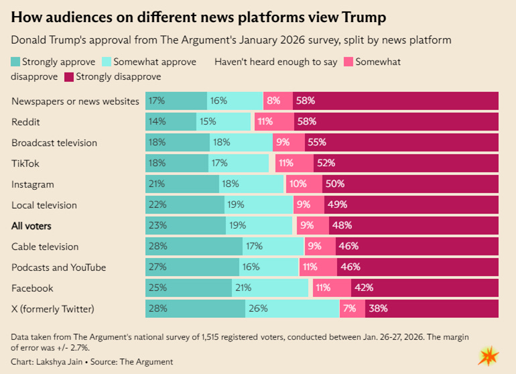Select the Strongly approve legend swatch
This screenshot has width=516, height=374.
tap(15, 62)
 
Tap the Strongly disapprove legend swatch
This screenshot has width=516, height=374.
tap(68, 76)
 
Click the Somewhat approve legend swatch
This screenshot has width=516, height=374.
tap(107, 62)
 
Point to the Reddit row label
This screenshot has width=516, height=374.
tap(25, 122)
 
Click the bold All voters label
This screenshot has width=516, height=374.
tap(31, 226)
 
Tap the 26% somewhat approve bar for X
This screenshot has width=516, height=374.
tap(292, 309)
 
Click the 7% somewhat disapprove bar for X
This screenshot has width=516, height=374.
tap(352, 309)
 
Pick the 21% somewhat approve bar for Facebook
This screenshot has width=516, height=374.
tap(270, 288)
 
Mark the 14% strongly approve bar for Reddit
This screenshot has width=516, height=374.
tap(171, 122)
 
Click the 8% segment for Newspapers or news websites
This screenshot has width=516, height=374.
tap(277, 101)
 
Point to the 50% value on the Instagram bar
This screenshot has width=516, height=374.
tap(335, 184)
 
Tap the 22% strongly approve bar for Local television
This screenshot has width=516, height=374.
tap(185, 205)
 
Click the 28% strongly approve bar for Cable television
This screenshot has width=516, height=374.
tap(194, 247)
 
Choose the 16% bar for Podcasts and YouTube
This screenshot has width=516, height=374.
tap(269, 267)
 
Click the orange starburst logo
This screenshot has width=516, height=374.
tap(487, 356)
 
